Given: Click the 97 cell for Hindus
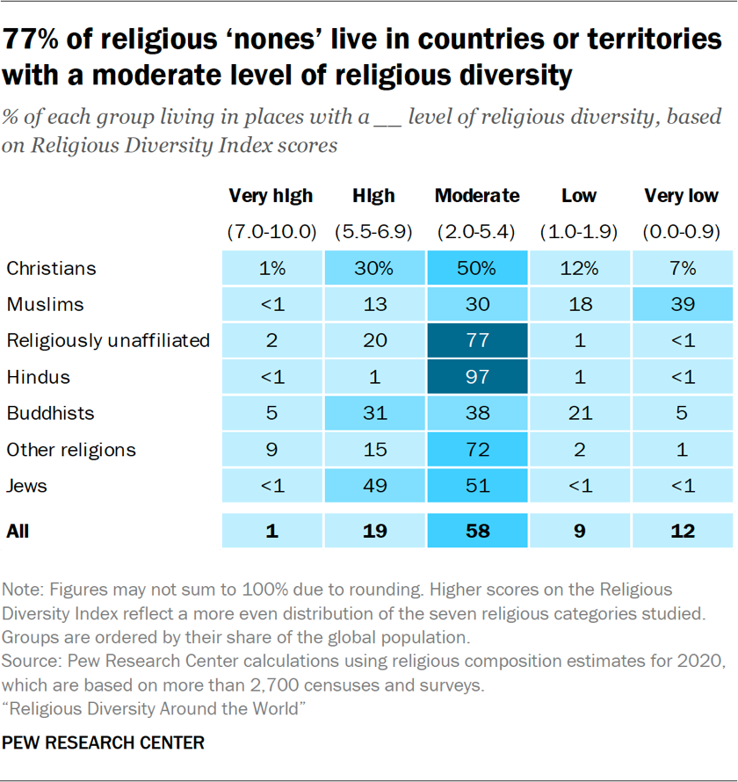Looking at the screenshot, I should pyautogui.click(x=476, y=378).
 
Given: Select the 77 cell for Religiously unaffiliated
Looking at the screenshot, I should pyautogui.click(x=476, y=341).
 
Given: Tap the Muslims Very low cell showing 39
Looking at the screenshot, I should pyautogui.click(x=681, y=305).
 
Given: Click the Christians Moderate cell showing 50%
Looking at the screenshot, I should pyautogui.click(x=476, y=268).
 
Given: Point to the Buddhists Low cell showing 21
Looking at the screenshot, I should pyautogui.click(x=579, y=414).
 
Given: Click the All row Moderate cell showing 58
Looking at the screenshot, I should pyautogui.click(x=476, y=531).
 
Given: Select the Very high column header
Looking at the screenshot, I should pyautogui.click(x=271, y=196).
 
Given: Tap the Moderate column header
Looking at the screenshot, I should pyautogui.click(x=476, y=196).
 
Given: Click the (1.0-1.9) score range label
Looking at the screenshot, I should pyautogui.click(x=579, y=233).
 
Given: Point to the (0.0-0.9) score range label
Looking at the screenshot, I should pyautogui.click(x=681, y=233).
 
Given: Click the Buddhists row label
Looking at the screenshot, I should pyautogui.click(x=50, y=414).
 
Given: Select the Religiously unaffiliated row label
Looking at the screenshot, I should pyautogui.click(x=108, y=341).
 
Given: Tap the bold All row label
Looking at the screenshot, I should pyautogui.click(x=18, y=531).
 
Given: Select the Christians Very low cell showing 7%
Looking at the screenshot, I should pyautogui.click(x=681, y=268).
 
